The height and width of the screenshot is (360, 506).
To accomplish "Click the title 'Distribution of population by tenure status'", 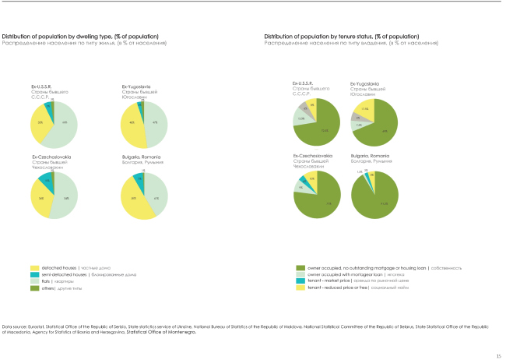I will point(336,37).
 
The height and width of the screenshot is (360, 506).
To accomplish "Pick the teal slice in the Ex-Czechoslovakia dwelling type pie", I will point(46,182).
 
